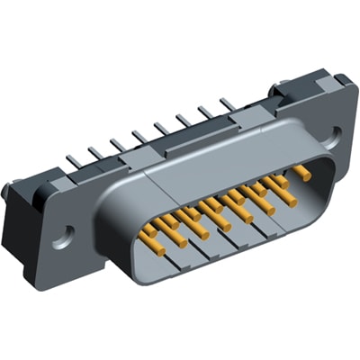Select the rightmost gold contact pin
[x=301, y=170]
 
